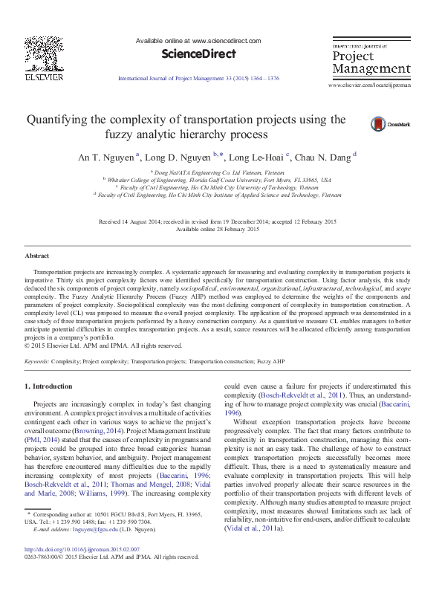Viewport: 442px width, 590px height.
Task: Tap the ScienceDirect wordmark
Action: point(198,54)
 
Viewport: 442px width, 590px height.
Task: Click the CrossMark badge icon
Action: point(379,124)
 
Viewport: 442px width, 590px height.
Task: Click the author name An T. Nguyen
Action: point(106,158)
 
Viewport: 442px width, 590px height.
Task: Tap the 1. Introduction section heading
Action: point(49,386)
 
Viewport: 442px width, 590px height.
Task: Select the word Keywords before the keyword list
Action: point(36,360)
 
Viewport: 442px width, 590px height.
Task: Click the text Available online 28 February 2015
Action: point(221,229)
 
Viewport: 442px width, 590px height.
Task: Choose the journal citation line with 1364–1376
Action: point(198,78)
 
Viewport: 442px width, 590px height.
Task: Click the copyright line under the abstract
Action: point(103,346)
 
